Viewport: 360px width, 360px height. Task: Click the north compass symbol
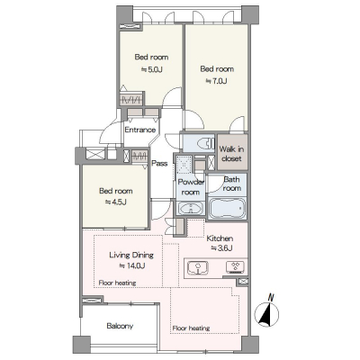[x=266, y=313]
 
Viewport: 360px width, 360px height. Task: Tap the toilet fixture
[x=207, y=143]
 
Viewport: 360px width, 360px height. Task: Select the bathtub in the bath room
[x=227, y=208]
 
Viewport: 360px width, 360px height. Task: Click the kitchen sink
[x=198, y=268]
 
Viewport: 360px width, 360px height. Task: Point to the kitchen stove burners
[x=235, y=267]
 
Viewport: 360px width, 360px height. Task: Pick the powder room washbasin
[x=191, y=208]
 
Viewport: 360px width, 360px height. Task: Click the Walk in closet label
[x=231, y=154]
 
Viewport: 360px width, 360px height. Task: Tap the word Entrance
[x=140, y=130]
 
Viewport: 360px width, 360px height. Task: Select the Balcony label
[x=120, y=326]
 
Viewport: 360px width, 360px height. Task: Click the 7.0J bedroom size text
[x=216, y=81]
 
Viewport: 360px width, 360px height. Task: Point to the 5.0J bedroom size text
[x=152, y=69]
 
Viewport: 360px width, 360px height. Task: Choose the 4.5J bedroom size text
[x=116, y=202]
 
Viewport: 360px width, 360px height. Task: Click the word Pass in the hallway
[x=159, y=164]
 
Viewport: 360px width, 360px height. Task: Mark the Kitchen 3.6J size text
[x=222, y=248]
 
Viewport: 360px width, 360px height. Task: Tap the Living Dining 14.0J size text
[x=132, y=265]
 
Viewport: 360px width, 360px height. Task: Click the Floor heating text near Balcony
[x=191, y=328]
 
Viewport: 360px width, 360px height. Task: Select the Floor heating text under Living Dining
[x=117, y=283]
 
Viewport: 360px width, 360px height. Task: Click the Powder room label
[x=191, y=187]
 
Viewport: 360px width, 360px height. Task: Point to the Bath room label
[x=231, y=184]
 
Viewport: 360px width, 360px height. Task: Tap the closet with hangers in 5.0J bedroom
[x=130, y=99]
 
